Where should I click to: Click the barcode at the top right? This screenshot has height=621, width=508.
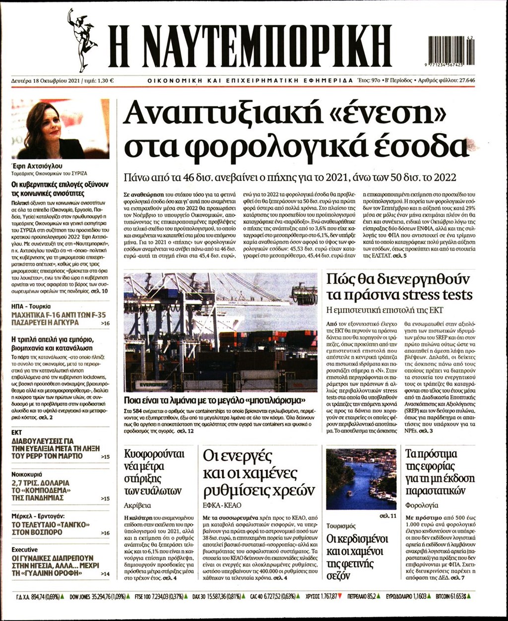[450, 50]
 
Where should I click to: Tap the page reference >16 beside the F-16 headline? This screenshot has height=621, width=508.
[105, 323]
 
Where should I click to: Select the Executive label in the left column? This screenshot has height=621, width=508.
[25, 550]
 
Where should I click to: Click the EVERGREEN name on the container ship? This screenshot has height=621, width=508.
[154, 384]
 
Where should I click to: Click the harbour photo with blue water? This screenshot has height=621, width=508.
[361, 479]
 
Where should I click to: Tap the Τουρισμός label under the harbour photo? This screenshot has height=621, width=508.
[341, 525]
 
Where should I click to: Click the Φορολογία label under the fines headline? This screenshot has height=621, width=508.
[422, 505]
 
